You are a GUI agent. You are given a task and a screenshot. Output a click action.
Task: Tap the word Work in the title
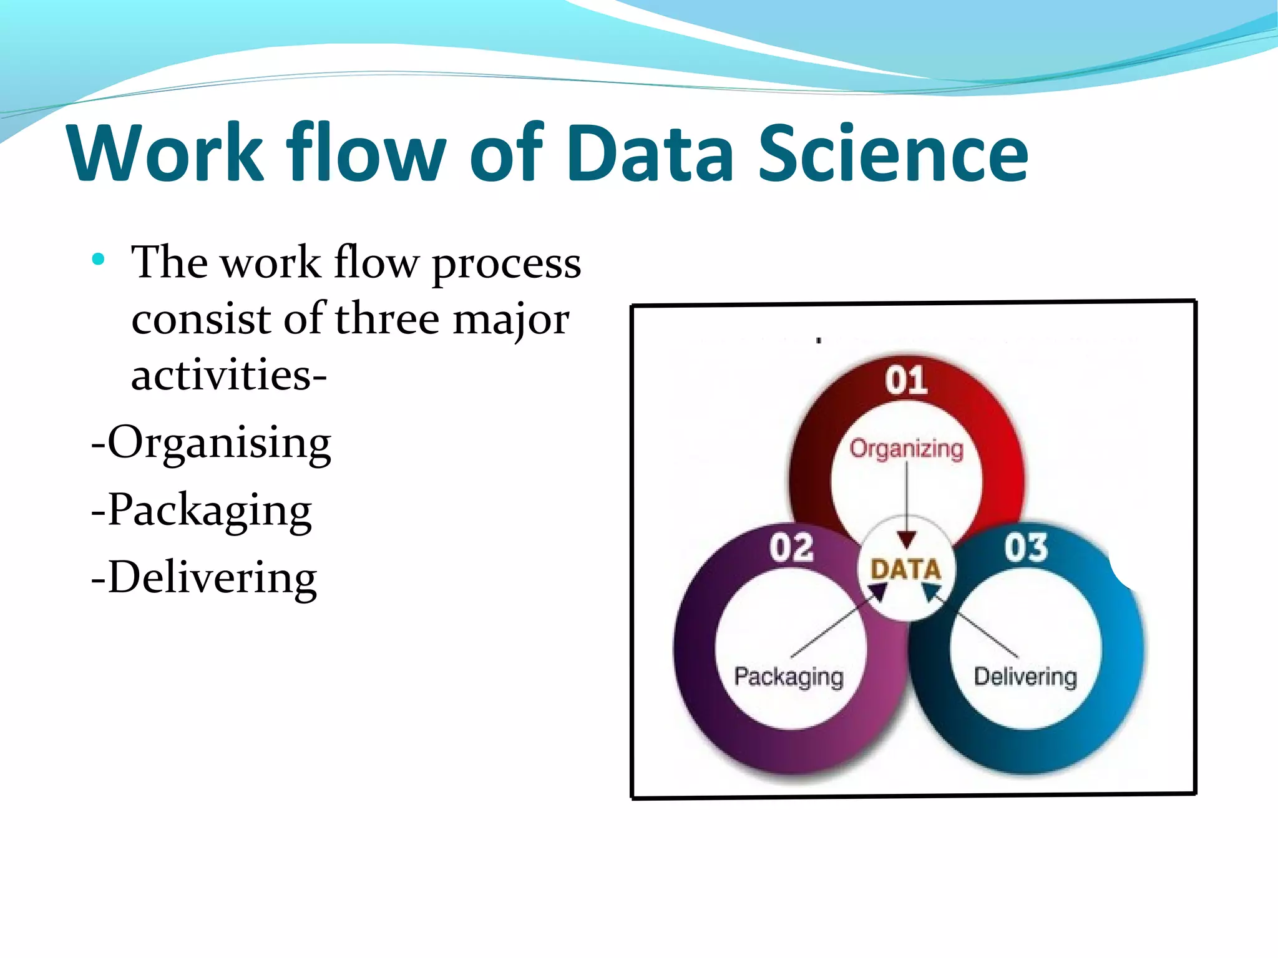point(166,154)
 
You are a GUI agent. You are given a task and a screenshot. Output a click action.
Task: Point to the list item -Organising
point(211,443)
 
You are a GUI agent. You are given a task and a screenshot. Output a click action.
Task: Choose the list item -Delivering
point(204,578)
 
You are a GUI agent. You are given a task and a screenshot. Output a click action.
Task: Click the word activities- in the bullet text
point(229,375)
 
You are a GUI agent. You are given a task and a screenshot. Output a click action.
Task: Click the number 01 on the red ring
point(906,380)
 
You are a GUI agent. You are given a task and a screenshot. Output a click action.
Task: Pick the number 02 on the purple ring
point(791,548)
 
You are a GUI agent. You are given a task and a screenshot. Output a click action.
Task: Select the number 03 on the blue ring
point(1025,548)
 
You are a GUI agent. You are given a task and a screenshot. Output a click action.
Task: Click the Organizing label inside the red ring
point(906,449)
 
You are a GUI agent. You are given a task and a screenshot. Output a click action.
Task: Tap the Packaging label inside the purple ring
point(789,677)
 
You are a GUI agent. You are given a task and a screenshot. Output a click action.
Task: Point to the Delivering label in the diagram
point(1025,677)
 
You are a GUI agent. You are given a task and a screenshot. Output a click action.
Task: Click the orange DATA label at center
point(905,569)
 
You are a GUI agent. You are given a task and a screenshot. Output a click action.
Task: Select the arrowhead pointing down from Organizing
point(907,540)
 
